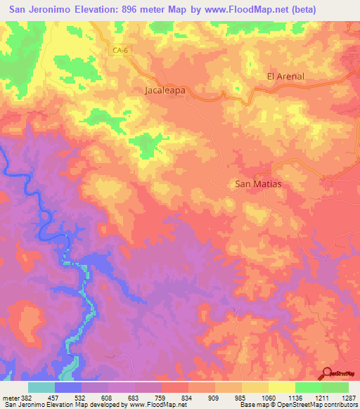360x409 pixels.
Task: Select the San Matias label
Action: click(x=257, y=184)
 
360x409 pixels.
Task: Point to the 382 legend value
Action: click(x=27, y=398)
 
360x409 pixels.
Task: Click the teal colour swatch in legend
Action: click(x=41, y=387)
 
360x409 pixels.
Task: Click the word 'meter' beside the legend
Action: click(x=11, y=398)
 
